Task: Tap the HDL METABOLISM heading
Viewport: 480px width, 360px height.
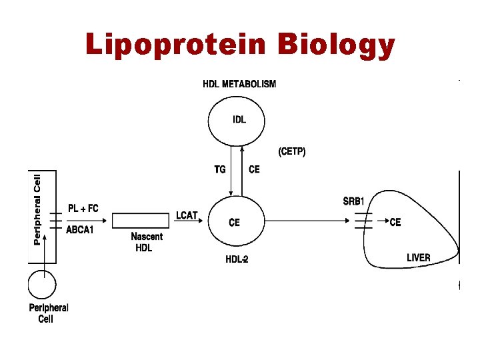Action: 239,84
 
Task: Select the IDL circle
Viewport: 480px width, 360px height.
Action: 236,120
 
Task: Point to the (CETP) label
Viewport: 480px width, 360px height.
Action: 292,152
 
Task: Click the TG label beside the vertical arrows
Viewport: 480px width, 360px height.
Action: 220,169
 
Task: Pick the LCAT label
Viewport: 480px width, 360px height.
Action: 187,215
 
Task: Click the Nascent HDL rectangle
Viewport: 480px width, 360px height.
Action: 141,221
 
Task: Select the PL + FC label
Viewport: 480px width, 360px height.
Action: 83,209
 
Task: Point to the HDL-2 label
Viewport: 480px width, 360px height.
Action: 237,259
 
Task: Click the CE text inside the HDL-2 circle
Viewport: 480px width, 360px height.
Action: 234,222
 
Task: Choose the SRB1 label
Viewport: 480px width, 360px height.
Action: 354,201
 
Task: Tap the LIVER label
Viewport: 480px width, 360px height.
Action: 419,257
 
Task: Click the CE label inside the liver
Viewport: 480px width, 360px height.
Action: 395,222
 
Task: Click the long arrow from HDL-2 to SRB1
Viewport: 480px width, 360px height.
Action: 307,221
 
